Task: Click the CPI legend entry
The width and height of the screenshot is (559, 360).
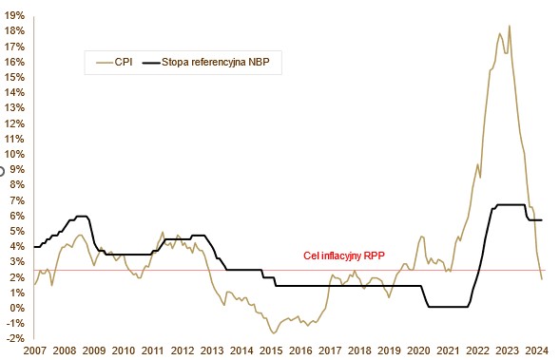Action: (x=114, y=63)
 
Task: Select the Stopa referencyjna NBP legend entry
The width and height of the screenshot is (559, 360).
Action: (x=205, y=63)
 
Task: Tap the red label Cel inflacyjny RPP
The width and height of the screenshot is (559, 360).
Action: (x=344, y=256)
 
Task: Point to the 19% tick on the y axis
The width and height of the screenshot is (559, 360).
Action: (x=14, y=15)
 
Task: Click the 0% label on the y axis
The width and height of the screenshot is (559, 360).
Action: (x=16, y=308)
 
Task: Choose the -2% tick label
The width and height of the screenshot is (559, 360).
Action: (x=15, y=338)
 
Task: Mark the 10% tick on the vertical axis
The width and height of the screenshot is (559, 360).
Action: (x=14, y=154)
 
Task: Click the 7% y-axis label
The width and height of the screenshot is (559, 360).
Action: (x=16, y=200)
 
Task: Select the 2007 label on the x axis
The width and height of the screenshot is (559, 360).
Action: (x=34, y=351)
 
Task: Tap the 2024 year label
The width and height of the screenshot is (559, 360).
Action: (x=536, y=351)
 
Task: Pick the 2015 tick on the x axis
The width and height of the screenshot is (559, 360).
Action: (x=271, y=351)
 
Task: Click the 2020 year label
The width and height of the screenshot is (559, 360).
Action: (x=418, y=351)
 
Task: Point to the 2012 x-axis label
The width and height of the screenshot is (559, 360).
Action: (x=183, y=351)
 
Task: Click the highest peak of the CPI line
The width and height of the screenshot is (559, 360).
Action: (x=510, y=26)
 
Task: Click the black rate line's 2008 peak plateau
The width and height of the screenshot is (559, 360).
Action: (x=82, y=217)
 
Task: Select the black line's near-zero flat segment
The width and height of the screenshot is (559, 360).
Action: (x=448, y=307)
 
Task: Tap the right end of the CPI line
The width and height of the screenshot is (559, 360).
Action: (x=542, y=279)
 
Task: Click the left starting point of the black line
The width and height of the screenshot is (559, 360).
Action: (x=34, y=247)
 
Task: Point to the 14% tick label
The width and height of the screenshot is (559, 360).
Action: (x=14, y=92)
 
